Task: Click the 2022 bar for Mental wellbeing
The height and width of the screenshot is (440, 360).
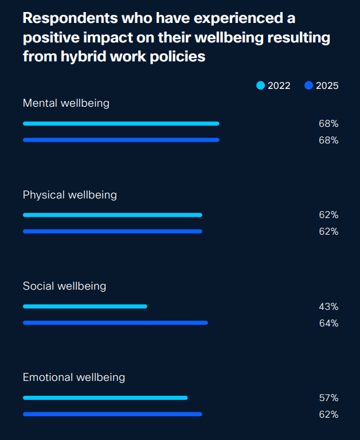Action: click(x=121, y=123)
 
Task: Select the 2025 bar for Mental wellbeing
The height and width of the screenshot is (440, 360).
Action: click(x=121, y=140)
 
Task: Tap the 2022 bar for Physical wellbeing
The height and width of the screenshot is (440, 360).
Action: click(x=112, y=215)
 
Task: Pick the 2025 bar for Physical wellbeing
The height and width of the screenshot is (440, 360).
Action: click(x=112, y=231)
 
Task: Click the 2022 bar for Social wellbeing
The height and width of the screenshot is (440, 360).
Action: click(x=85, y=306)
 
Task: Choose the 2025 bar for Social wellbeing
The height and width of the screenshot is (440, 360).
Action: click(x=115, y=323)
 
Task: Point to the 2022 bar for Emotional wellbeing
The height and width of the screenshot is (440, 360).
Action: click(x=105, y=398)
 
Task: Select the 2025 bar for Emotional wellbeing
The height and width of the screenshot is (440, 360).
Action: click(x=112, y=414)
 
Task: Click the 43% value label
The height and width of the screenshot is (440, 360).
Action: click(x=328, y=307)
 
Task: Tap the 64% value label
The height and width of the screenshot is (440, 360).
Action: click(x=328, y=324)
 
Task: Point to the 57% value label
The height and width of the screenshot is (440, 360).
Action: click(x=328, y=398)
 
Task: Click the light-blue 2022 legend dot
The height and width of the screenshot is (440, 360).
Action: click(x=261, y=86)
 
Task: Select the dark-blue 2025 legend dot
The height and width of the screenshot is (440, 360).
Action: click(x=309, y=86)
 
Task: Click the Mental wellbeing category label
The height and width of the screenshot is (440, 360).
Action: click(x=66, y=103)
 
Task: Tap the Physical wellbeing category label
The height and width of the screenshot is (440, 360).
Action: click(x=69, y=195)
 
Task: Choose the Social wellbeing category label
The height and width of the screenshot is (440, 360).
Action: click(x=64, y=286)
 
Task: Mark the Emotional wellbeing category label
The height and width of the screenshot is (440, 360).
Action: click(x=74, y=377)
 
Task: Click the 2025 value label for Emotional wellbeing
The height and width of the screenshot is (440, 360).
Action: click(x=328, y=415)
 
